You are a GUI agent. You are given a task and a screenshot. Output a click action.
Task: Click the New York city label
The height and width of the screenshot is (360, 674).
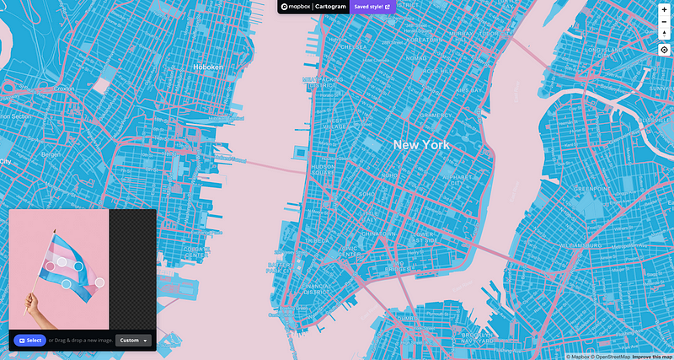pyautogui.click(x=421, y=145)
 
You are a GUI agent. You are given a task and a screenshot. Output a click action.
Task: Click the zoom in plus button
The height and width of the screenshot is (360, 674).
pyautogui.click(x=664, y=8)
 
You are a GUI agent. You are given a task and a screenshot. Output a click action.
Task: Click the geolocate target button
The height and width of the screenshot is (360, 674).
pyautogui.click(x=664, y=50)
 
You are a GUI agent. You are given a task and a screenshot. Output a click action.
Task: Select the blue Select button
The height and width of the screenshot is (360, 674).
pyautogui.click(x=29, y=341)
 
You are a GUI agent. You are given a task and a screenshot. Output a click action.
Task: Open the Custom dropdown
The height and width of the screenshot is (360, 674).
pyautogui.click(x=134, y=341)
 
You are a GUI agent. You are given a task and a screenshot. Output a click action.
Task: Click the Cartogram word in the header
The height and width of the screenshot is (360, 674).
pyautogui.click(x=328, y=7)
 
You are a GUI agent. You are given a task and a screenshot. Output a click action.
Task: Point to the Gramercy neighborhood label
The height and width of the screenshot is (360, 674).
pyautogui.click(x=436, y=116)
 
